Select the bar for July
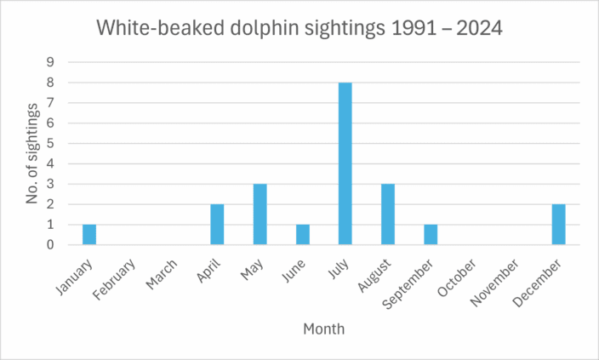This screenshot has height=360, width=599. point(345,163)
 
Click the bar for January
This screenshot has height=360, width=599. point(90,235)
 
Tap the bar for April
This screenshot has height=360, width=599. point(218,225)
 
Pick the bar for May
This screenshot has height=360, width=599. point(260,214)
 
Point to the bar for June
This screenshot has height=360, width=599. point(303,235)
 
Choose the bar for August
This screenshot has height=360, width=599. point(388,214)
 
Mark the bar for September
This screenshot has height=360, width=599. point(431,235)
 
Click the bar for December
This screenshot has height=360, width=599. point(558,225)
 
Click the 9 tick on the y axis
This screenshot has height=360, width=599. point(50,62)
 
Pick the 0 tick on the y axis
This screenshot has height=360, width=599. point(50,245)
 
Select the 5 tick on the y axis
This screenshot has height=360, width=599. point(50,143)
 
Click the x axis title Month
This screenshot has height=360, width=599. point(323,328)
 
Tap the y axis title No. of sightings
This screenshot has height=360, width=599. point(32,153)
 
